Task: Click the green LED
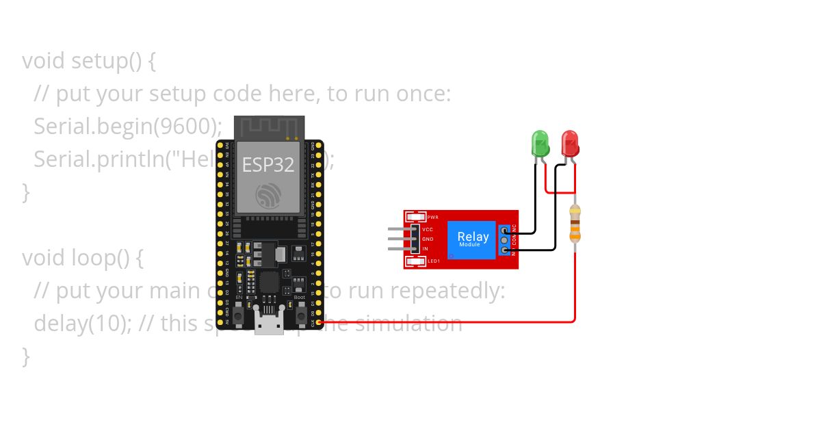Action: [540, 144]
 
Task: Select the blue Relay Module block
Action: [472, 239]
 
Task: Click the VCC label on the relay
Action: [428, 229]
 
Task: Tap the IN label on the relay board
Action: [425, 248]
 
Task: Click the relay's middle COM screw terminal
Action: [505, 240]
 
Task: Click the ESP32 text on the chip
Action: [268, 165]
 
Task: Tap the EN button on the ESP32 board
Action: [239, 315]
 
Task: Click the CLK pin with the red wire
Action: [319, 322]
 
